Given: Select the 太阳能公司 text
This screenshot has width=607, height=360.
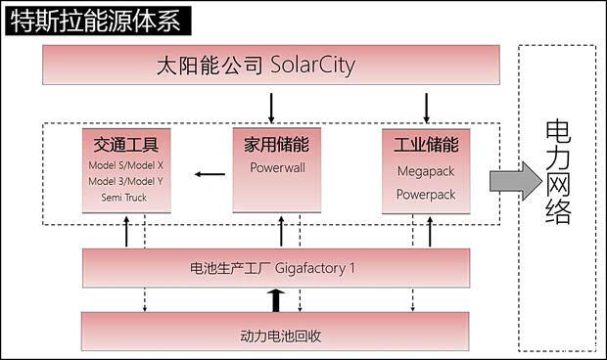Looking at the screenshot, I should (x=210, y=67).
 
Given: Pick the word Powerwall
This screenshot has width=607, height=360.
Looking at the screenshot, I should (x=278, y=168).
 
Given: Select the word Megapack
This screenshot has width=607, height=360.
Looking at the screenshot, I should (x=426, y=170).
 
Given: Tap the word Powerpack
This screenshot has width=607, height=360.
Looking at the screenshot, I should (x=426, y=195).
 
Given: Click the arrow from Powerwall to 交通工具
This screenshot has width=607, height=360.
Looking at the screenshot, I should (x=208, y=174).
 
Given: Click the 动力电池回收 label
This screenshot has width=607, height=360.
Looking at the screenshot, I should (x=281, y=336).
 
